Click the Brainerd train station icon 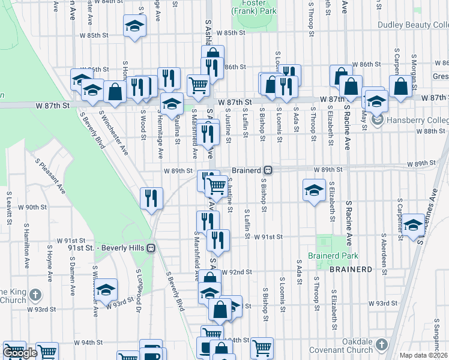click(x=269, y=170)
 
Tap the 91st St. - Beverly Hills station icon click(x=152, y=247)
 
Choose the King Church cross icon click(x=35, y=295)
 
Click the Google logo click(x=20, y=353)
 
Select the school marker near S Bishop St click(x=313, y=190)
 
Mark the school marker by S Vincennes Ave click(x=413, y=224)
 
